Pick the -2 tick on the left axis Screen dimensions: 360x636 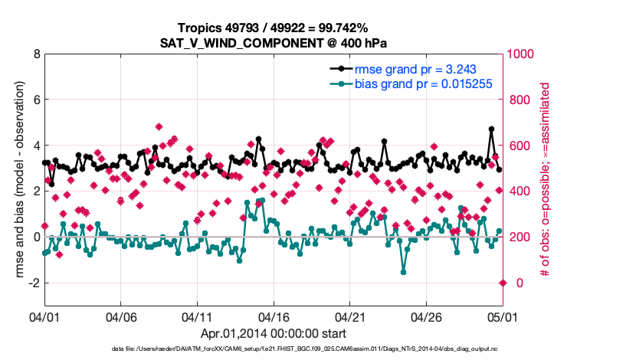pyautogui.click(x=33, y=283)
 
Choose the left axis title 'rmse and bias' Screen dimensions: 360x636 pyautogui.click(x=16, y=180)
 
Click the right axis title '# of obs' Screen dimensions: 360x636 pyautogui.click(x=546, y=180)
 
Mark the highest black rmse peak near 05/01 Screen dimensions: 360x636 pyautogui.click(x=491, y=129)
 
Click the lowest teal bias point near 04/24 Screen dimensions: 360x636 pyautogui.click(x=403, y=272)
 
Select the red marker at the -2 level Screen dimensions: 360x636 pyautogui.click(x=503, y=283)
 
